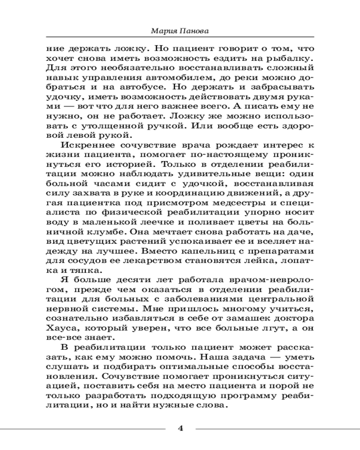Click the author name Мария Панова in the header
pos(180,32)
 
